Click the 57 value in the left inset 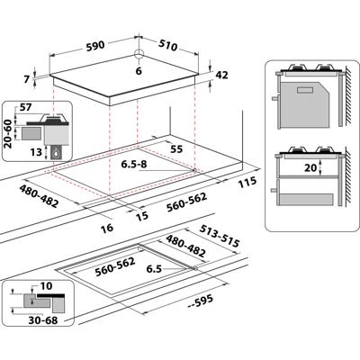click(x=25, y=107)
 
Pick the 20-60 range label click(x=8, y=133)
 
